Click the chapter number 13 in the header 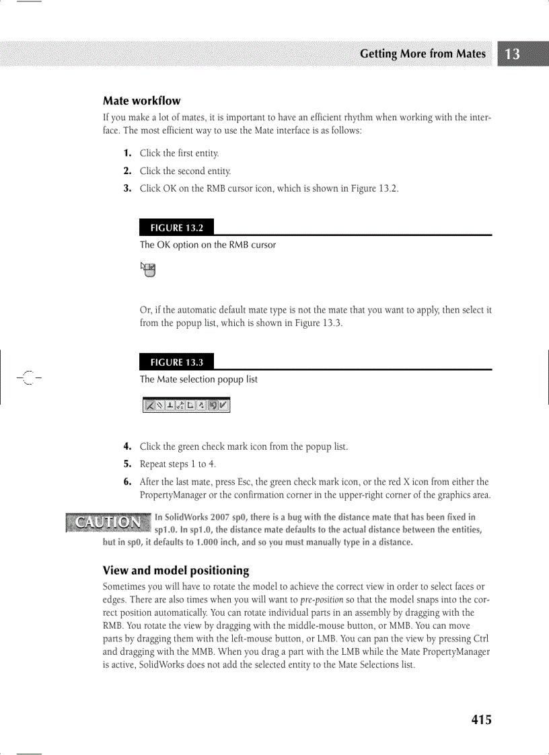pos(513,54)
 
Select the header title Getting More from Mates pos(423,54)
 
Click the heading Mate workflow pos(141,101)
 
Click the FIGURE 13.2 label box pos(176,227)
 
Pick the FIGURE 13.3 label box pos(176,362)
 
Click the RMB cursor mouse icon pos(148,269)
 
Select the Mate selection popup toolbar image pos(186,405)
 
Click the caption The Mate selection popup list pos(198,379)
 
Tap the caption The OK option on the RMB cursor pos(208,245)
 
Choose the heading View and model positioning pos(176,571)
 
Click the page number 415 pos(481,720)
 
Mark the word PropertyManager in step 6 pos(171,495)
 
